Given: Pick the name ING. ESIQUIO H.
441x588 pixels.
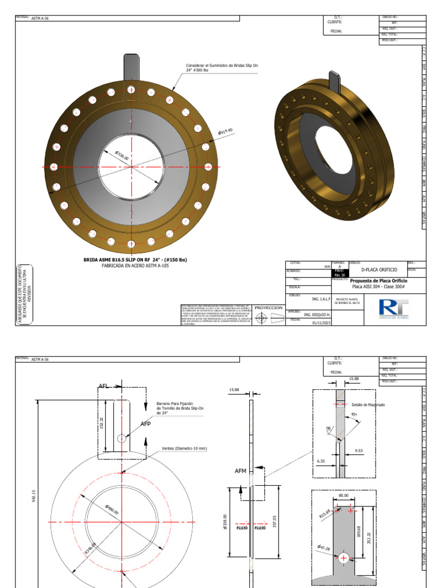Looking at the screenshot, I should (x=317, y=315).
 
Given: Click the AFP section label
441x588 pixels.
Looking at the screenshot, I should (x=146, y=424).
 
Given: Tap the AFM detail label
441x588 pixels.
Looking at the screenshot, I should (x=240, y=471).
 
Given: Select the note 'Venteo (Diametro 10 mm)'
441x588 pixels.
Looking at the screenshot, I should (x=184, y=448).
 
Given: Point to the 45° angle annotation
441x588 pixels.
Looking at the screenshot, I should (x=354, y=415).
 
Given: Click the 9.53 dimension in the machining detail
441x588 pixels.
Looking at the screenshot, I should (x=361, y=451).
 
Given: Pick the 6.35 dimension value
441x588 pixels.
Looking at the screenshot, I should (x=321, y=460).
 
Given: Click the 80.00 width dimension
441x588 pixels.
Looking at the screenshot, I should (x=343, y=495).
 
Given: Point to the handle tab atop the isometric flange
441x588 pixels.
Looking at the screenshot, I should (x=335, y=83).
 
